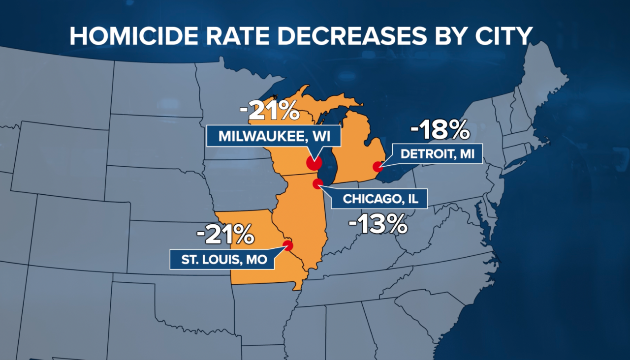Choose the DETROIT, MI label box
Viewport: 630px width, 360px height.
[437, 154]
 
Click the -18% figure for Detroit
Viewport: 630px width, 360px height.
[441, 131]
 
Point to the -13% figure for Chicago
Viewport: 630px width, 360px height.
[378, 225]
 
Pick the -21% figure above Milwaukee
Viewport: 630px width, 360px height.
[269, 111]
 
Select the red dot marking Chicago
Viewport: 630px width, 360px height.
[318, 184]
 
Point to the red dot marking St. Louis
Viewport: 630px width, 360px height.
[288, 244]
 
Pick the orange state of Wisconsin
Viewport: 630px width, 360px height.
[285, 148]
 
